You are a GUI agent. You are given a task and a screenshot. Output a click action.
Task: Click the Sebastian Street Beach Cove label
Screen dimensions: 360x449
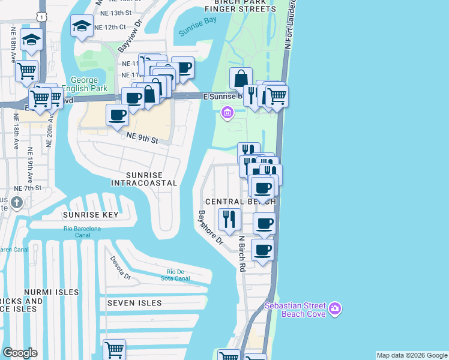point(295,310)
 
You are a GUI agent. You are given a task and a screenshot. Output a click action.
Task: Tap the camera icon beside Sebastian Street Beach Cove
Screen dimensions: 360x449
point(335,310)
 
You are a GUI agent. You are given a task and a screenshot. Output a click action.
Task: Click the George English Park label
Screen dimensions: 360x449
point(89,84)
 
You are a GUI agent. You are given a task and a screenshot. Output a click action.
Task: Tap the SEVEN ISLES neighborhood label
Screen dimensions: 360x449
point(134,303)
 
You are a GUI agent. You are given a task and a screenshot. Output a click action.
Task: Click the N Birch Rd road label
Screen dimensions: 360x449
point(243,253)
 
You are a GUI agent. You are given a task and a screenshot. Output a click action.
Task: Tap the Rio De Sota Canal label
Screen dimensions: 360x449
point(175,274)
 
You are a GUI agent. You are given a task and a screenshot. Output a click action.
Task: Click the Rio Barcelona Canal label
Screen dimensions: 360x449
point(83,232)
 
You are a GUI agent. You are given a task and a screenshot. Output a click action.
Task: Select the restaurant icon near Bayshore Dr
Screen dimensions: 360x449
point(228,219)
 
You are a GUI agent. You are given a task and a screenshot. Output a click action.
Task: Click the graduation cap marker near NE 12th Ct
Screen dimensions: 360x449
point(82,26)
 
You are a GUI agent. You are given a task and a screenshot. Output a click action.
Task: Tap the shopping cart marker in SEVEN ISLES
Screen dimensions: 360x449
point(113,349)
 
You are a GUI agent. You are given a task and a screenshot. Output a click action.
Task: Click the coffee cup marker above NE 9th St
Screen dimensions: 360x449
point(117,115)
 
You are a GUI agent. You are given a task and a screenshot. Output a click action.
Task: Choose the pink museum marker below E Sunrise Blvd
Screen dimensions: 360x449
point(227,112)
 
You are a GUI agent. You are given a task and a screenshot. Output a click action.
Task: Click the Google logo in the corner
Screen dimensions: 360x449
point(20,353)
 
